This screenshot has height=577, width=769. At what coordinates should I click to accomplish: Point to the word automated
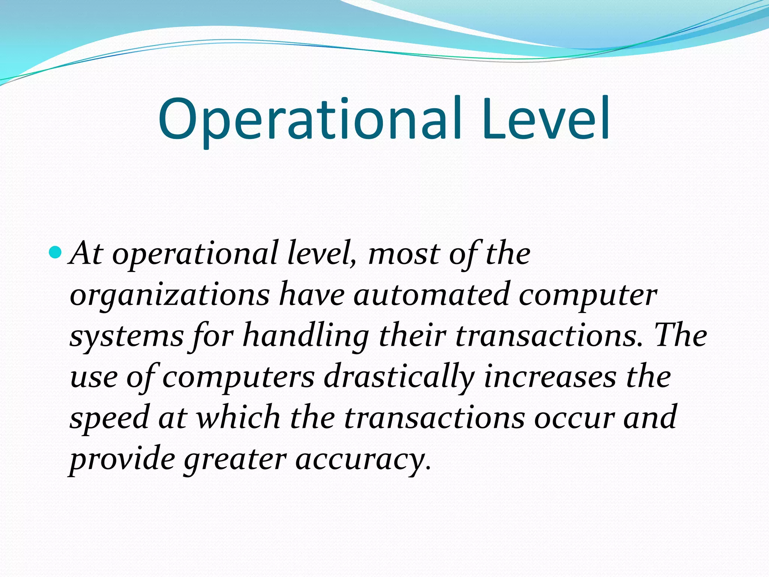pyautogui.click(x=431, y=295)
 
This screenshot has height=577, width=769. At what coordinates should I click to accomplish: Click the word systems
pyautogui.click(x=127, y=336)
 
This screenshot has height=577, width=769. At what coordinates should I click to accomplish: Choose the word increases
pyautogui.click(x=550, y=377)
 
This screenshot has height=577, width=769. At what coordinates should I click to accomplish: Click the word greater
pyautogui.click(x=235, y=460)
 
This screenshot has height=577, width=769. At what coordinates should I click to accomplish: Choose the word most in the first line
pyautogui.click(x=404, y=254)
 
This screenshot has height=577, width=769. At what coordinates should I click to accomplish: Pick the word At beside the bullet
pyautogui.click(x=86, y=254)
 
